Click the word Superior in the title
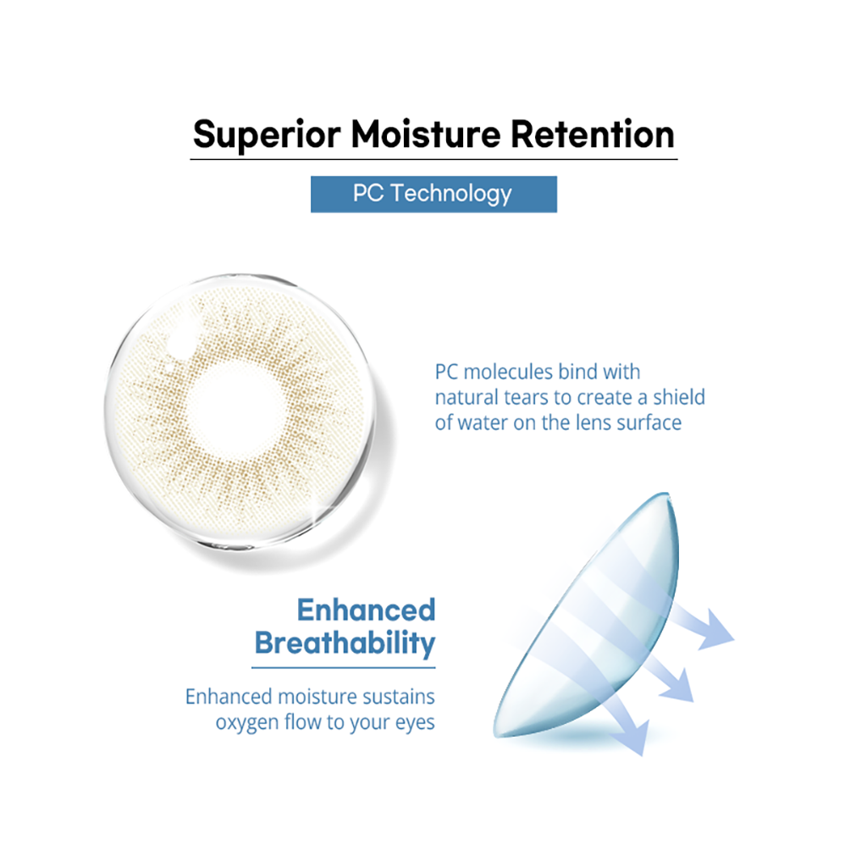point(267,135)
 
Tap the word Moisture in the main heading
point(426,135)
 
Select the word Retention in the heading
point(592,135)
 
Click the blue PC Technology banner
point(433,194)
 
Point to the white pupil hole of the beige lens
point(235,410)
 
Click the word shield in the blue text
point(678,397)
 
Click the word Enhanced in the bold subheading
point(366,610)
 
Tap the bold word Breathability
point(345,643)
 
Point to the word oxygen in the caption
point(247,723)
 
